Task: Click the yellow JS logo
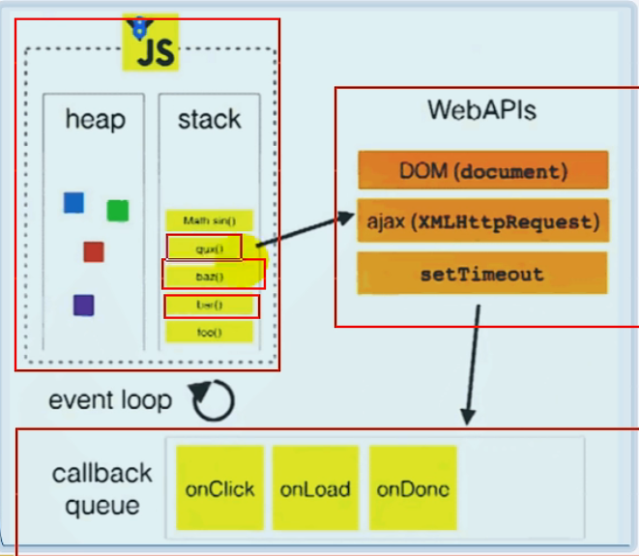click(x=149, y=44)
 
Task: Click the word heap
click(x=95, y=119)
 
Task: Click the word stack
click(x=209, y=119)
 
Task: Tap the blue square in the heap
click(x=73, y=202)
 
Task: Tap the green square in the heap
click(x=118, y=210)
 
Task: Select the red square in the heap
click(x=93, y=251)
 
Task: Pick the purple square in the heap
click(x=83, y=306)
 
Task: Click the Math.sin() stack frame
click(x=209, y=220)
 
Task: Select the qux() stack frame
click(x=205, y=249)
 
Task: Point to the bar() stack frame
click(x=210, y=306)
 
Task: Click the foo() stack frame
click(x=209, y=333)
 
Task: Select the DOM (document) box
click(x=482, y=171)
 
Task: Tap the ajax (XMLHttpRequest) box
click(x=482, y=221)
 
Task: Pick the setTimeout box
click(x=482, y=274)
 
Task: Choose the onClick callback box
click(x=219, y=488)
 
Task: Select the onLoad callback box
click(x=315, y=488)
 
